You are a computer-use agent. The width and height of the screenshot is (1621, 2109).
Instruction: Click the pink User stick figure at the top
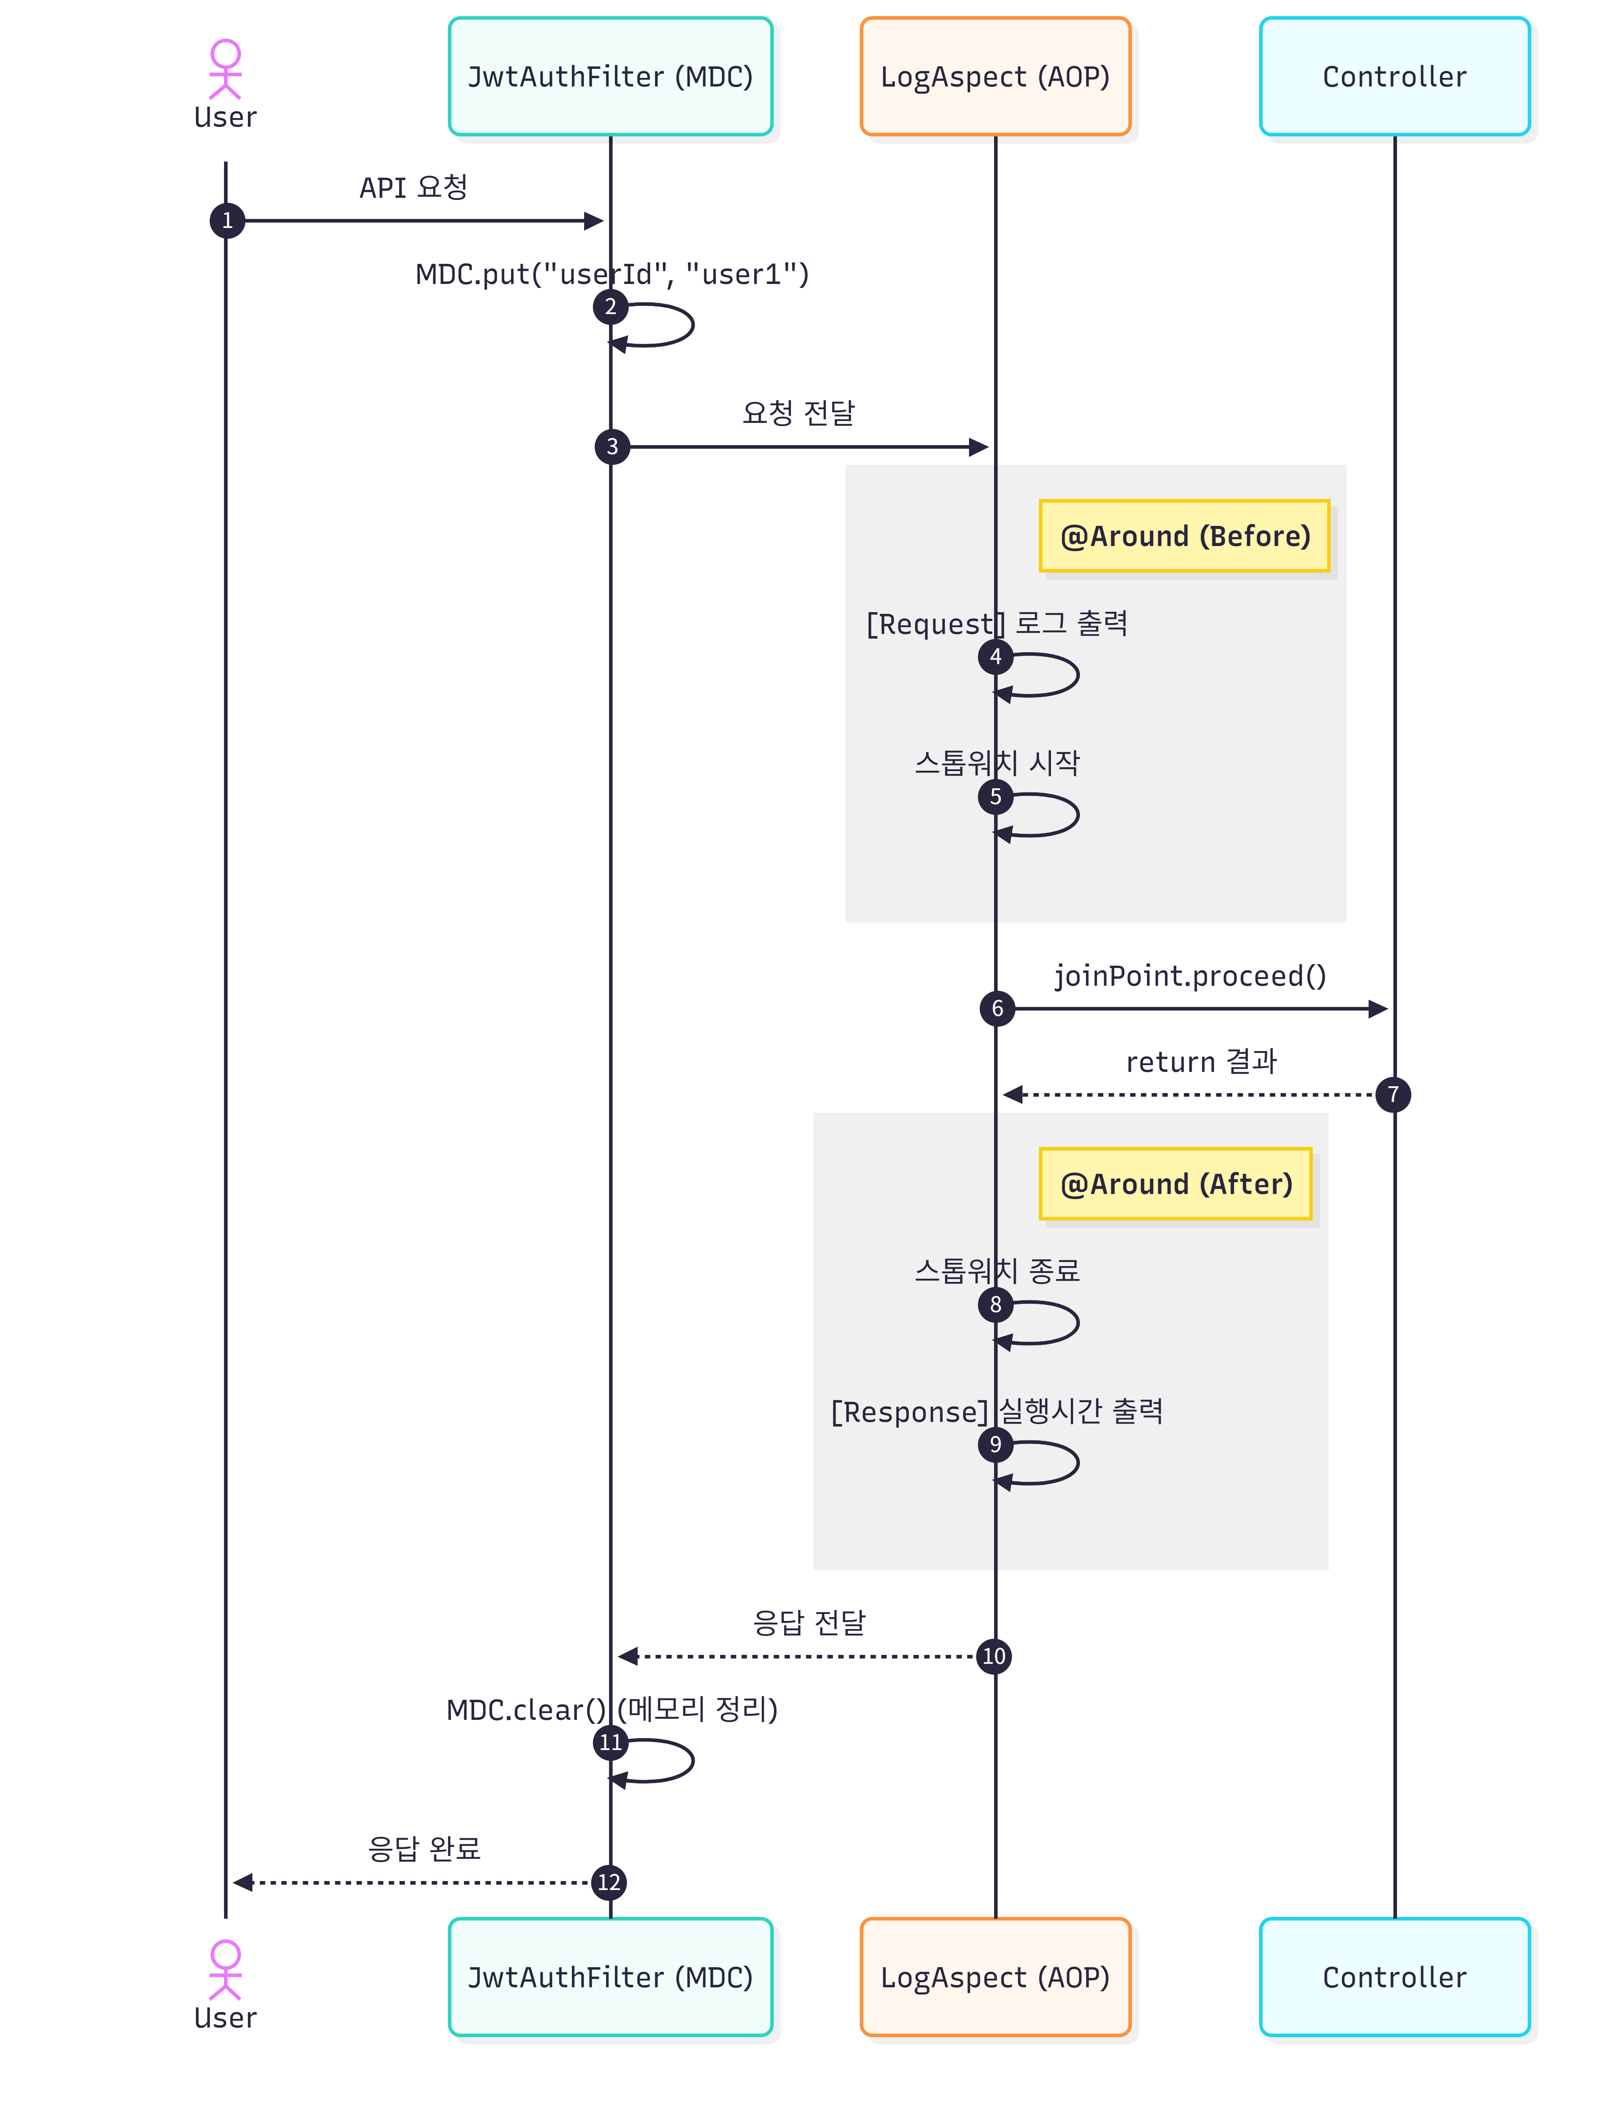point(226,70)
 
